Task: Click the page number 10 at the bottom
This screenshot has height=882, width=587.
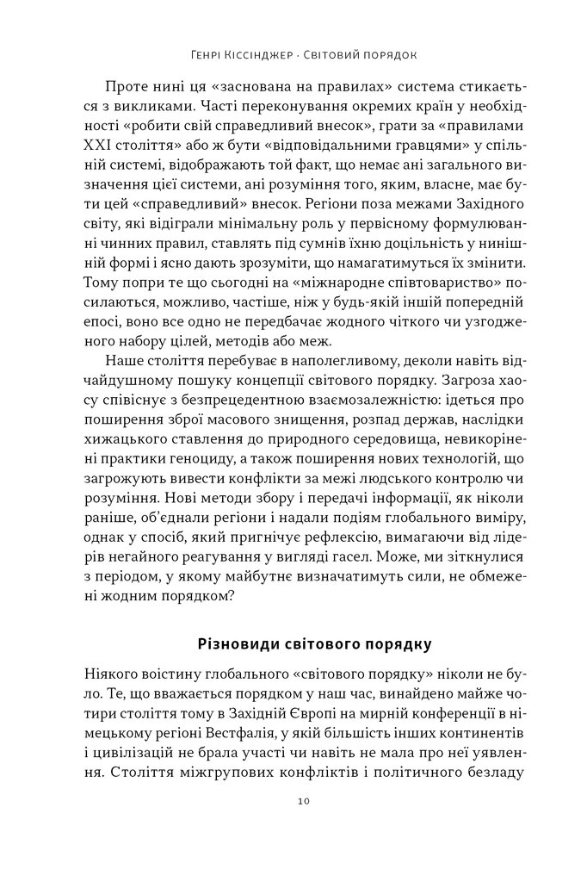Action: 294,801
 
